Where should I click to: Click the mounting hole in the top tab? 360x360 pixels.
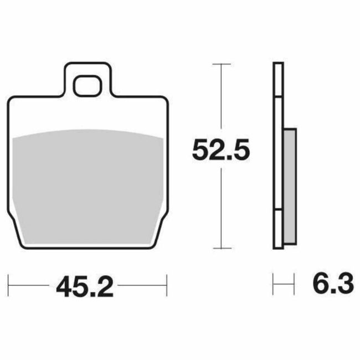89,84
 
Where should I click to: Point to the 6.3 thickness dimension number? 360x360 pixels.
332,287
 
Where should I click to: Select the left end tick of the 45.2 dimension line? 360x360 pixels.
10,287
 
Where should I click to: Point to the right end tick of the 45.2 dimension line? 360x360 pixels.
167,287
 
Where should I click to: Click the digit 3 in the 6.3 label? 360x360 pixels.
344,287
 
